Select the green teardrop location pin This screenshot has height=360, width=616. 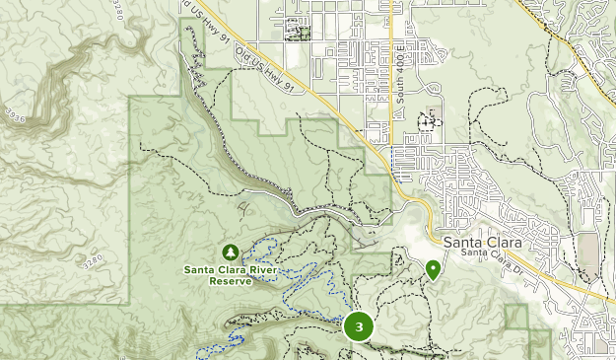pyautogui.click(x=433, y=269)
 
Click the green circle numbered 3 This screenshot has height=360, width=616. pyautogui.click(x=359, y=326)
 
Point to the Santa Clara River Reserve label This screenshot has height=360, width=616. pyautogui.click(x=230, y=274)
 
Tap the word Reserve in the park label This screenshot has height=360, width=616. pyautogui.click(x=230, y=280)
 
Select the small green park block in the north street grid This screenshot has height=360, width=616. pyautogui.click(x=295, y=31)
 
